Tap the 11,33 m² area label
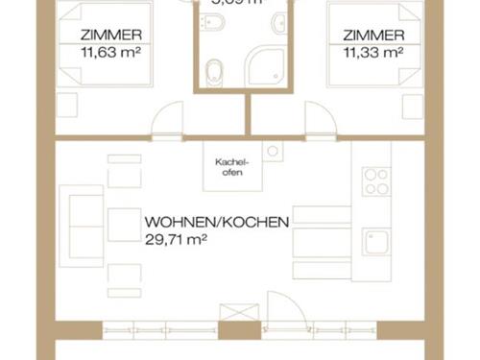372,53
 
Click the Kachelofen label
229,167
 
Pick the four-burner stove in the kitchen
375,180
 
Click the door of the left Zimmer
166,123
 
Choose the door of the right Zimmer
320,123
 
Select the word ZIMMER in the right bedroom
372,36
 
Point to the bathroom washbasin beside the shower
277,24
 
